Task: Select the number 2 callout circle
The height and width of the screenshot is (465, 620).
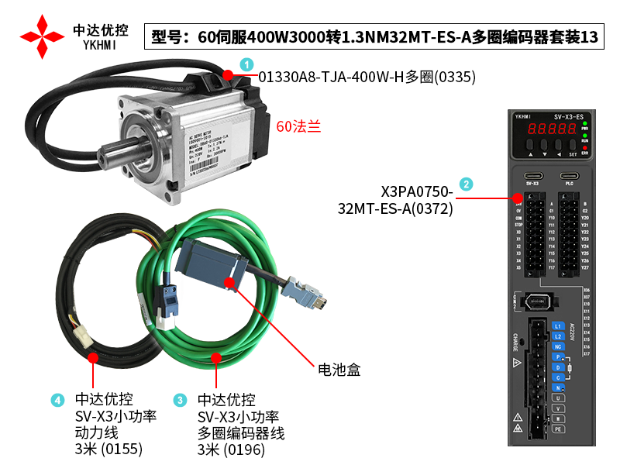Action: click(x=465, y=184)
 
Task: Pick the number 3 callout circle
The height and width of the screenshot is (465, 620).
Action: click(x=181, y=400)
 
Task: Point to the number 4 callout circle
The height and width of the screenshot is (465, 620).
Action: click(x=57, y=400)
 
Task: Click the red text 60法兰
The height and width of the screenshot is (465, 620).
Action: click(x=298, y=126)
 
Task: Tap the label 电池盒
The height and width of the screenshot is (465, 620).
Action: click(x=339, y=370)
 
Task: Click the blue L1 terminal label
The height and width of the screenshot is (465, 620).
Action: click(x=556, y=326)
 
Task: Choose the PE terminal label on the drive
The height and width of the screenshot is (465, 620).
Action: click(x=556, y=427)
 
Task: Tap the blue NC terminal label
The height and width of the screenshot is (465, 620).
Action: click(x=556, y=346)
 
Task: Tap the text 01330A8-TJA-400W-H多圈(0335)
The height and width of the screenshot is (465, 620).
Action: click(x=367, y=77)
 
